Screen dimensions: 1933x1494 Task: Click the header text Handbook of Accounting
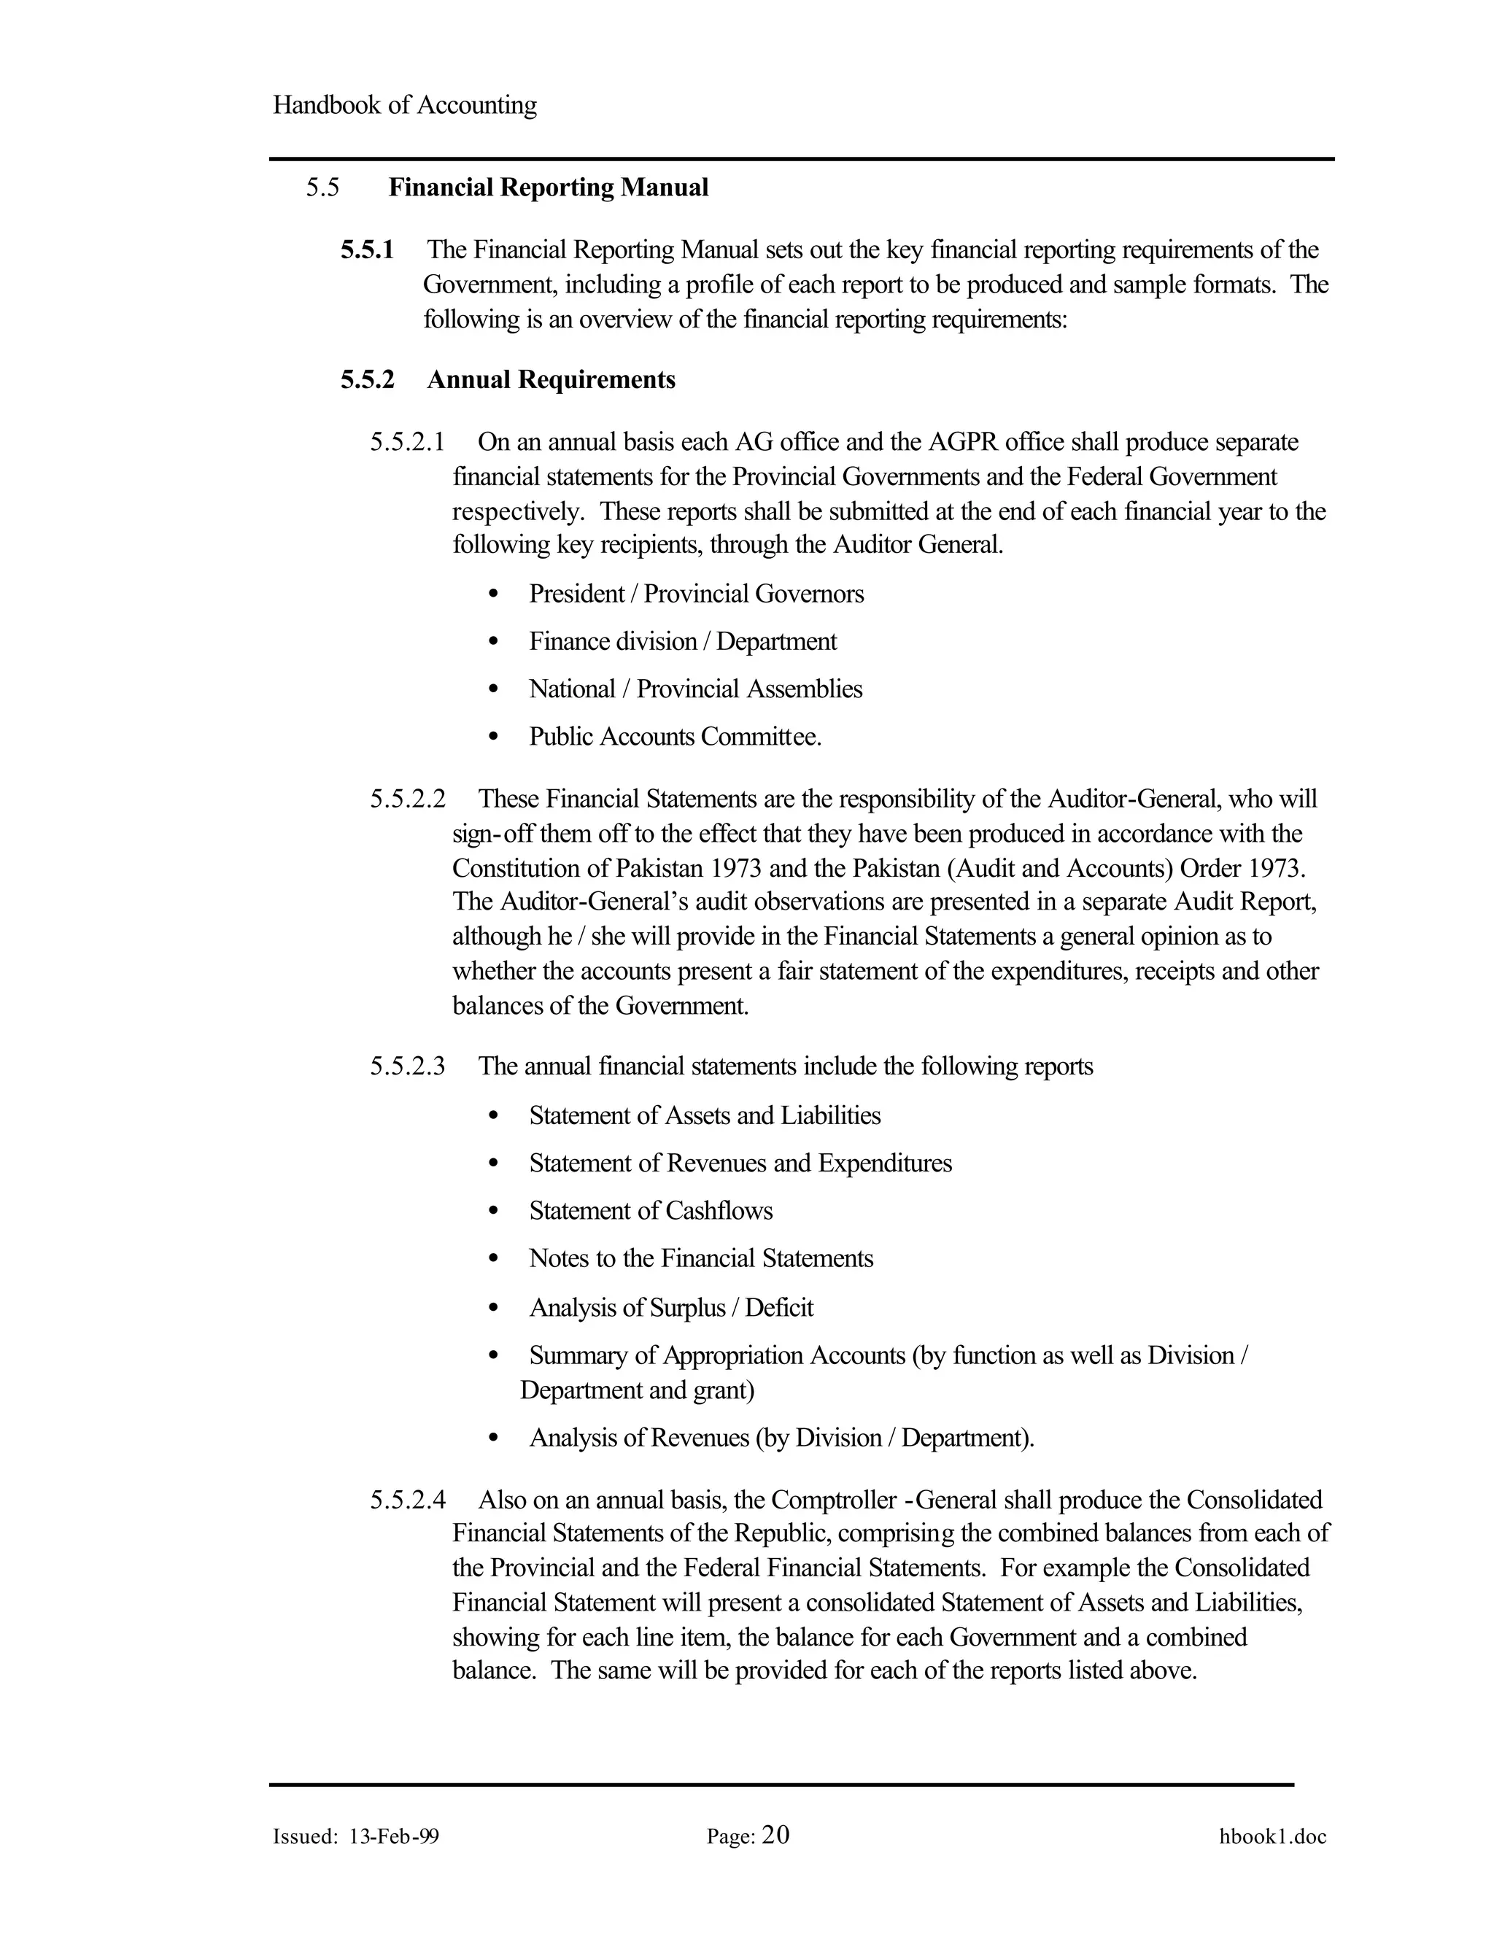point(404,105)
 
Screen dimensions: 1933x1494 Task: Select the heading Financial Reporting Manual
point(548,187)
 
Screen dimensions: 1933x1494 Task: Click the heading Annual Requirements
point(551,380)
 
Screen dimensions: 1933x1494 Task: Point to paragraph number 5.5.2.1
point(407,441)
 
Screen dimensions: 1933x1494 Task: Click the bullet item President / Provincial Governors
point(696,594)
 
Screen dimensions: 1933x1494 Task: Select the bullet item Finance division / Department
point(682,642)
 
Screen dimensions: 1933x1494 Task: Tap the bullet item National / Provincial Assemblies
point(694,689)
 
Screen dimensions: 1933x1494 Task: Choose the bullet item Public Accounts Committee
point(675,737)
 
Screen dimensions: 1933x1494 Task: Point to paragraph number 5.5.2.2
point(407,799)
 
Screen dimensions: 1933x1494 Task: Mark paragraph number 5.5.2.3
point(407,1066)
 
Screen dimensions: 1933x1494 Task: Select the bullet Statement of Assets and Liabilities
point(705,1115)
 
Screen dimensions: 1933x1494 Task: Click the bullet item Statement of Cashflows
point(651,1211)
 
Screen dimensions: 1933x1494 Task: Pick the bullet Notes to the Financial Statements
point(701,1258)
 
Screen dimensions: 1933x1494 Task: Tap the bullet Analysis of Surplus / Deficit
point(671,1308)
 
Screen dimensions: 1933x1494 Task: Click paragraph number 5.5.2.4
point(407,1500)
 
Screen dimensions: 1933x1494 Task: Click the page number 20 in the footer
point(775,1836)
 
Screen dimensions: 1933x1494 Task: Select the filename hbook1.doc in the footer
point(1272,1837)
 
